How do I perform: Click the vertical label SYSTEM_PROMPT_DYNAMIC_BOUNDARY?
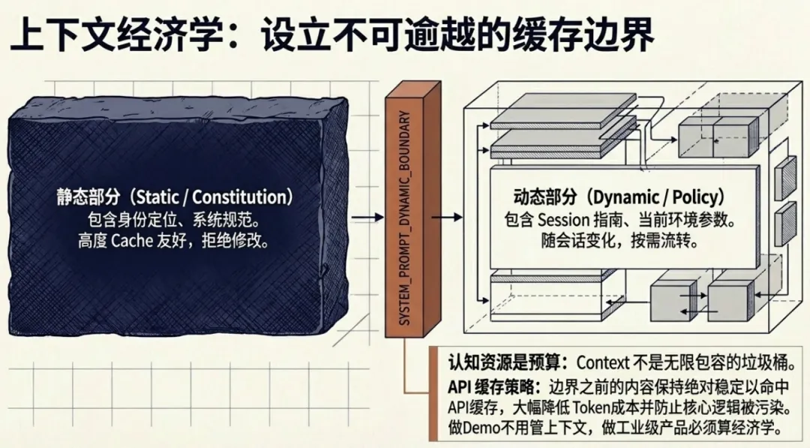pos(405,218)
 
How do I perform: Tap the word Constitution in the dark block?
pos(242,198)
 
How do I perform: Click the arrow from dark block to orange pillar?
pos(367,218)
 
